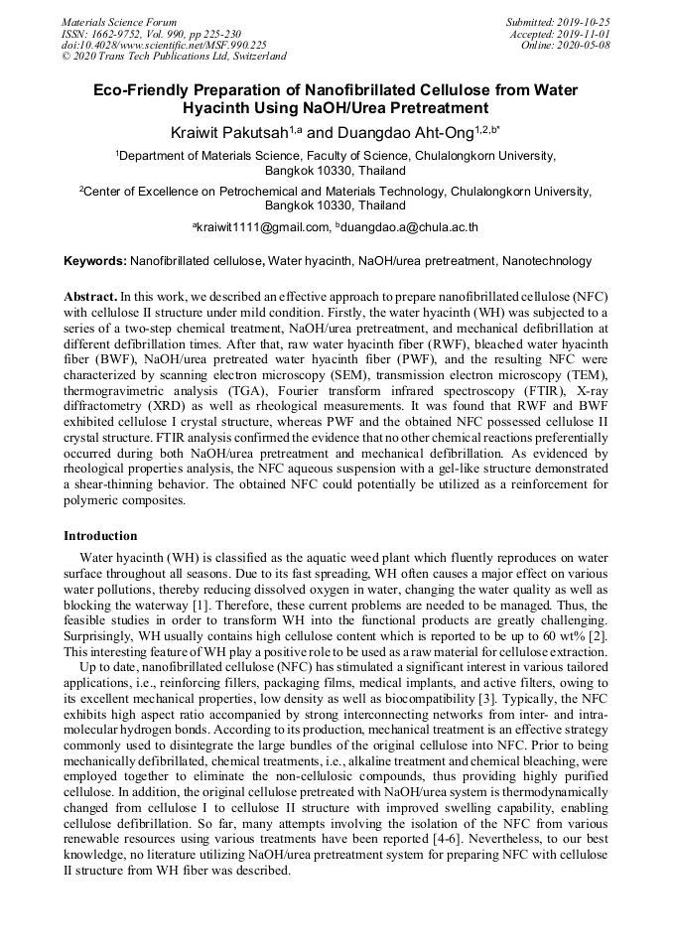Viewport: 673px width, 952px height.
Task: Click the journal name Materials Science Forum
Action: click(119, 22)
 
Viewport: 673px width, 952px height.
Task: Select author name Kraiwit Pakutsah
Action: click(228, 131)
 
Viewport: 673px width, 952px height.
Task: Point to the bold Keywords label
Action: click(94, 262)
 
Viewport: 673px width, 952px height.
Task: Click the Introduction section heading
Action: click(100, 536)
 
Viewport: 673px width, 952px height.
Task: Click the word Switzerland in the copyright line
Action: click(253, 57)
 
